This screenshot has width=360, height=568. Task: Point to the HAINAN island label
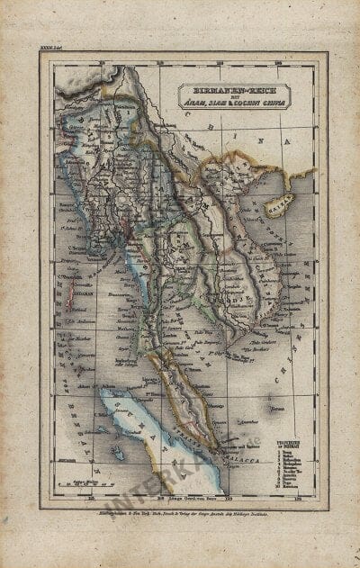280,208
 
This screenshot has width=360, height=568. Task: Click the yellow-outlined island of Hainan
280,202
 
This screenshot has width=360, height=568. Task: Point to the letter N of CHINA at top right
288,141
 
